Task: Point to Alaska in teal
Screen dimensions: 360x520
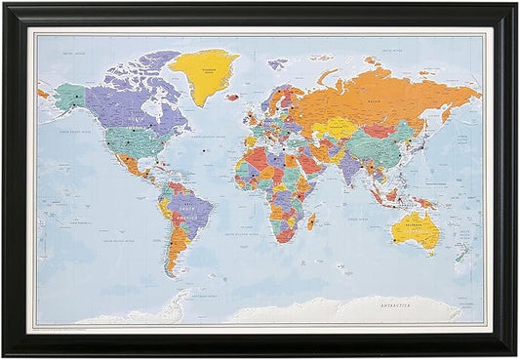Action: [70, 96]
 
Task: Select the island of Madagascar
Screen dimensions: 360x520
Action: [311, 221]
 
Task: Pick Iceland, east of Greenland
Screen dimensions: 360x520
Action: [233, 97]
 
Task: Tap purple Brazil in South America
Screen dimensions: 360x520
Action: [189, 209]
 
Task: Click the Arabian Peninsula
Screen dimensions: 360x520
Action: [311, 166]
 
